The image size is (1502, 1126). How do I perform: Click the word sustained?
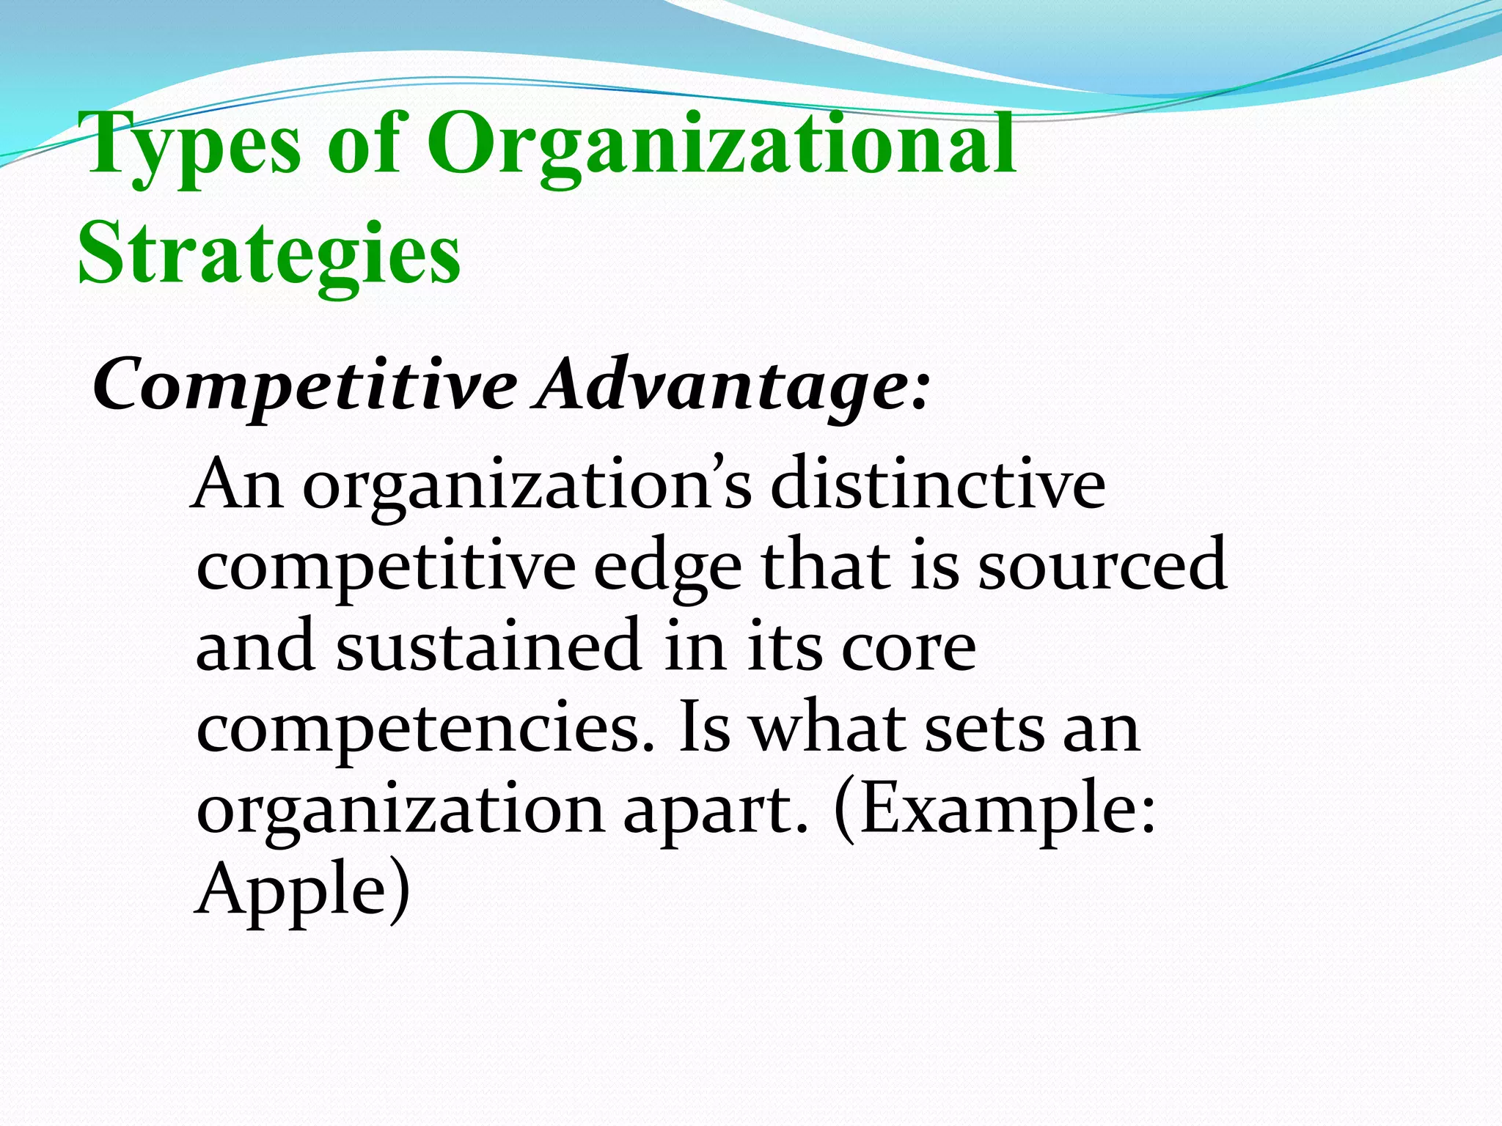488,645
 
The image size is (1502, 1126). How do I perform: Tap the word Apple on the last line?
290,891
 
